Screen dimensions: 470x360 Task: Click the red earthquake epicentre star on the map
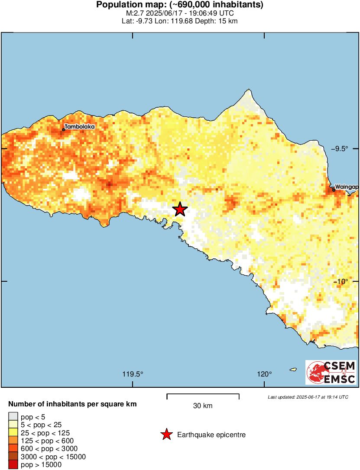(180, 209)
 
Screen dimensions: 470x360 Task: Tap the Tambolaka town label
(79, 127)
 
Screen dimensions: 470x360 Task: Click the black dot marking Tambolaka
(64, 129)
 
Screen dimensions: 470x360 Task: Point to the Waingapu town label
(346, 186)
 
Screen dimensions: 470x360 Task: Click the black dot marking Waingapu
(334, 190)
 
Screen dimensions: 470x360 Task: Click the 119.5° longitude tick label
(133, 374)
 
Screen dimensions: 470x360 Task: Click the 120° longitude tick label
(264, 374)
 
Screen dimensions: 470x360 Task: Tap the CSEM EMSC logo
(331, 372)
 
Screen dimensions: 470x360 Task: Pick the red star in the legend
(166, 435)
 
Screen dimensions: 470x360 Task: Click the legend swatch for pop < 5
(13, 417)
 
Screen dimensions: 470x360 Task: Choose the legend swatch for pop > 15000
(13, 464)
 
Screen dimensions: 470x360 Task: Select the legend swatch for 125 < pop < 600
(13, 441)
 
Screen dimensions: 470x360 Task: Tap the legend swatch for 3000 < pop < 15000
(13, 457)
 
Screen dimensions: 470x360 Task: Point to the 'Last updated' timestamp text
(308, 397)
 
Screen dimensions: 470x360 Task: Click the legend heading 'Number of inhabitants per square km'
(73, 405)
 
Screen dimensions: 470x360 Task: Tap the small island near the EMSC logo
(293, 370)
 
